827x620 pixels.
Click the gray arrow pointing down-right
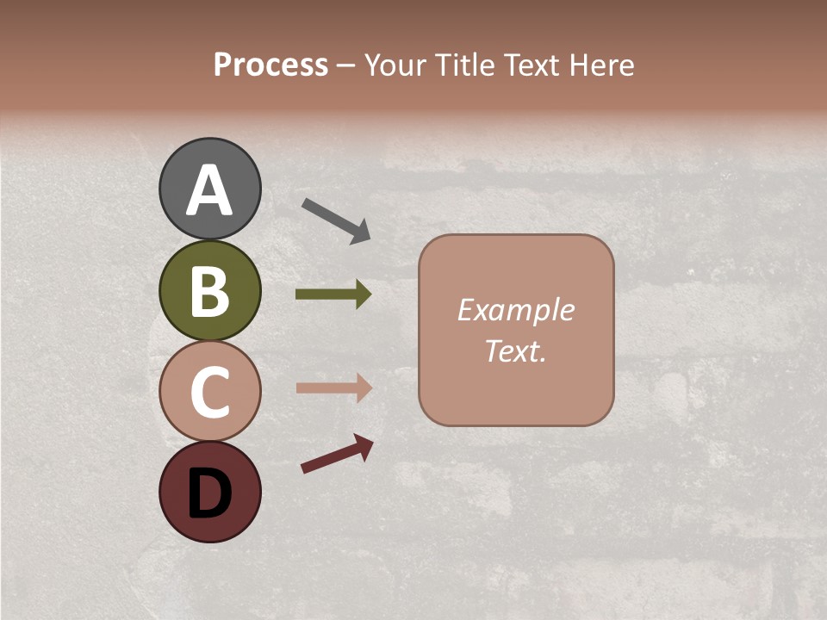pos(336,219)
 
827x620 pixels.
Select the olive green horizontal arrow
pos(333,294)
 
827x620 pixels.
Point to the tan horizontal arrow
pos(333,387)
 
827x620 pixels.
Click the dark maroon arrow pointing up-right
pos(337,454)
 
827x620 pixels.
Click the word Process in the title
pos(270,65)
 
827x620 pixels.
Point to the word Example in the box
pos(515,310)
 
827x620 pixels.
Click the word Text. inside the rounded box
pos(515,351)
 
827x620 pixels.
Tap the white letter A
pos(209,190)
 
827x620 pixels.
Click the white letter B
pos(209,291)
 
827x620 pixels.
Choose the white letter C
pos(209,392)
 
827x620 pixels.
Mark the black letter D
pos(209,493)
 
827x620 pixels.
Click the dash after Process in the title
pos(346,65)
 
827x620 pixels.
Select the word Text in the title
pos(532,65)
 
